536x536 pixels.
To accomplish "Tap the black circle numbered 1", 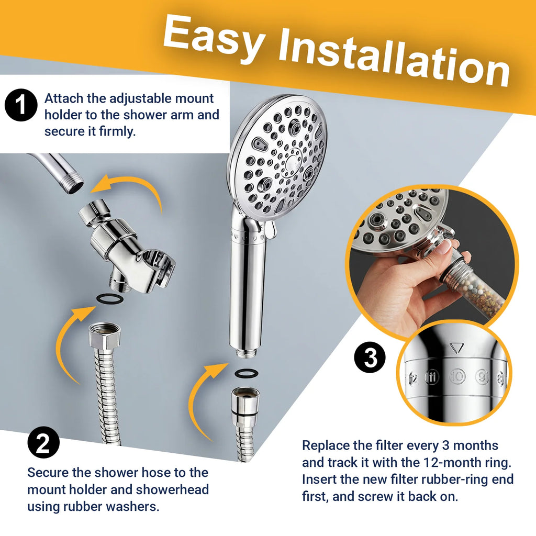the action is click(21, 105).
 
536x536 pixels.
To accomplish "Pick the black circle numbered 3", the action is click(370, 357).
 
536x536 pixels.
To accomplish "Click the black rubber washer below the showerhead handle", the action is click(247, 373).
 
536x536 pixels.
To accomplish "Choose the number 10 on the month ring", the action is click(457, 376).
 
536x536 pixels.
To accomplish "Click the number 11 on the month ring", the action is click(432, 377).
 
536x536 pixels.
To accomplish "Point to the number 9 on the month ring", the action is click(482, 376).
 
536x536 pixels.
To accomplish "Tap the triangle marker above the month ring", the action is click(456, 348).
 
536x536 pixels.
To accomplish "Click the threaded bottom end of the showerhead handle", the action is click(245, 353).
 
